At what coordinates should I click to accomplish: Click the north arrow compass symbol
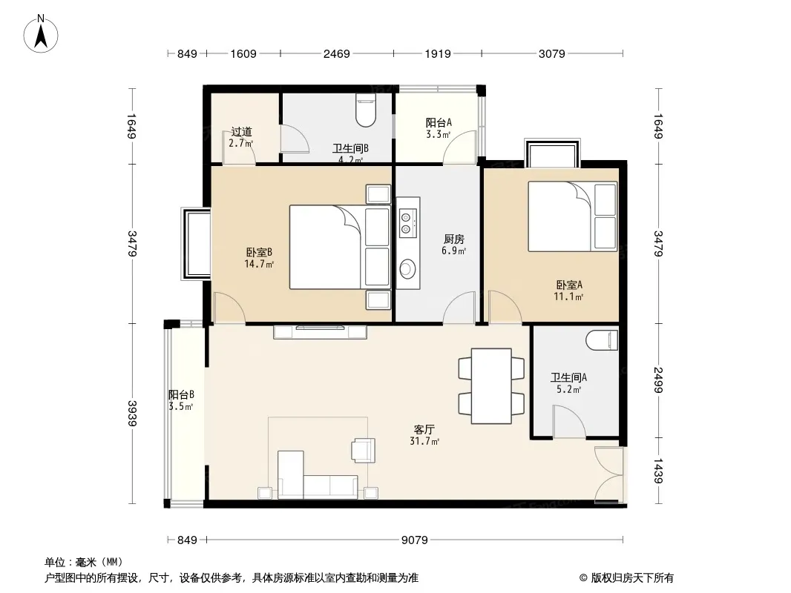click(x=41, y=34)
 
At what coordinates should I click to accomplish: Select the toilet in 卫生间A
click(x=602, y=340)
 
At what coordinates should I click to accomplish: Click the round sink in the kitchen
click(x=407, y=268)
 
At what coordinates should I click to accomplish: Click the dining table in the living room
click(x=491, y=386)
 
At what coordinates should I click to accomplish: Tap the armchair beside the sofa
click(x=364, y=450)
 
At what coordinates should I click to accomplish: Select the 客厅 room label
click(x=424, y=430)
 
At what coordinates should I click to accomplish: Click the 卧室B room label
click(x=259, y=253)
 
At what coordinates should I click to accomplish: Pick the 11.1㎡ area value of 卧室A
click(x=568, y=296)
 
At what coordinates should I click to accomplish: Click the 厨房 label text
click(x=454, y=239)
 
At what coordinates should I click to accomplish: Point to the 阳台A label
click(x=439, y=122)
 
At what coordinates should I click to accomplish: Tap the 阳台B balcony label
click(x=181, y=395)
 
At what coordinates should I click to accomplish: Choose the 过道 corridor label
click(x=241, y=132)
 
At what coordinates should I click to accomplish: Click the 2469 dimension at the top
click(x=336, y=53)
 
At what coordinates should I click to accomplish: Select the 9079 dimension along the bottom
click(x=414, y=540)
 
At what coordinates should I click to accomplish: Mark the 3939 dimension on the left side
click(x=132, y=413)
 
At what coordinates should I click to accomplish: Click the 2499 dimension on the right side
click(x=658, y=380)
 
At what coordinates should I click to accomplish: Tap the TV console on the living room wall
click(x=320, y=332)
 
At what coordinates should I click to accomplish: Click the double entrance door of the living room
click(x=610, y=474)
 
